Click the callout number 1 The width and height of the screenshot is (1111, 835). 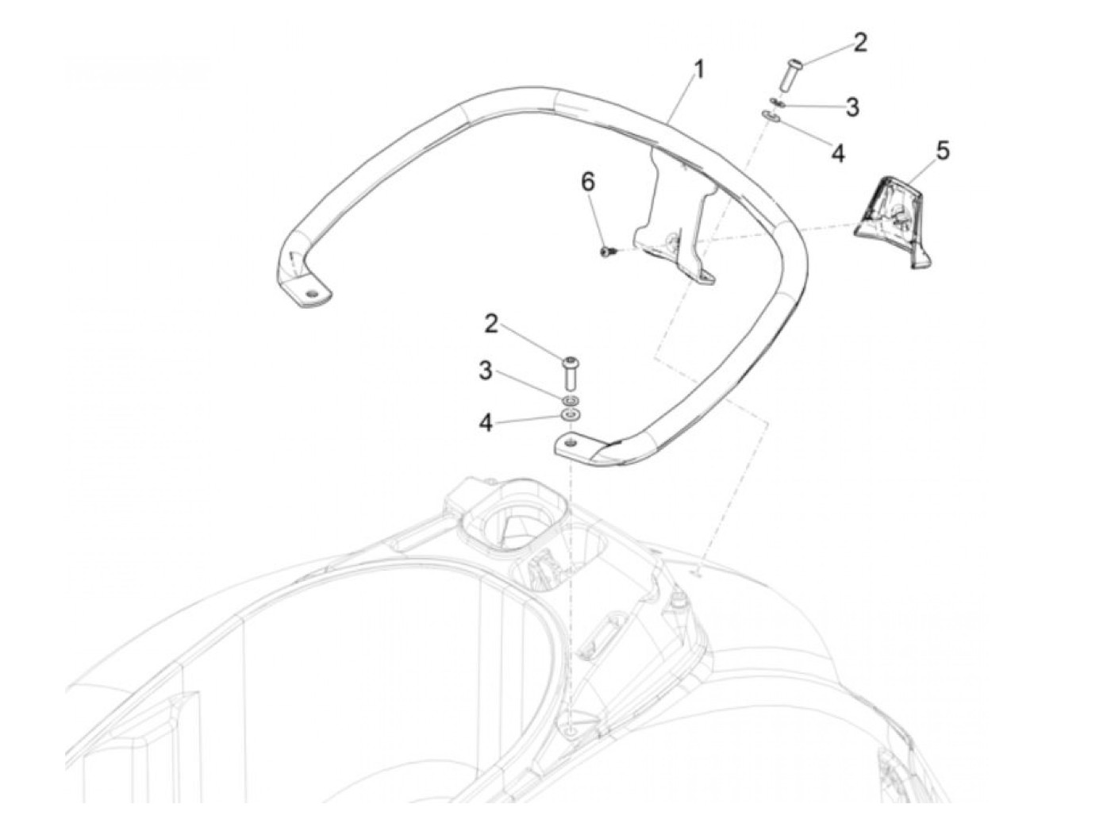[698, 71]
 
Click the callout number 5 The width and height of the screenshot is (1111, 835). [942, 150]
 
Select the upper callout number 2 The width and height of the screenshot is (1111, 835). [860, 43]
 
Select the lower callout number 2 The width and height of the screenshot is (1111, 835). [491, 323]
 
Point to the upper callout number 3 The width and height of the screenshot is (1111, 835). [852, 106]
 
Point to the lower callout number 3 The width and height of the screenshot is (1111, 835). [485, 371]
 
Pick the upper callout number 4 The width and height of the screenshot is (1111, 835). [838, 152]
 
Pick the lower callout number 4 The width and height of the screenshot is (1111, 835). [485, 422]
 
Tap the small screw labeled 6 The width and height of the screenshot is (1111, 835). [607, 252]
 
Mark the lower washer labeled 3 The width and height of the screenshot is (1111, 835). [569, 398]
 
